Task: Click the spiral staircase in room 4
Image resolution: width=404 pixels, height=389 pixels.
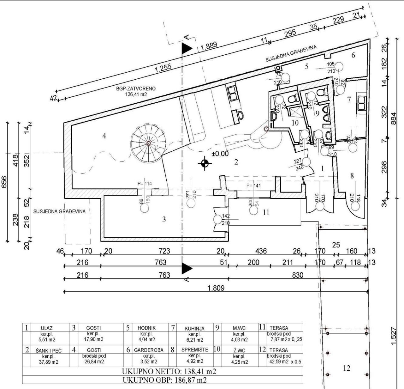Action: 148,143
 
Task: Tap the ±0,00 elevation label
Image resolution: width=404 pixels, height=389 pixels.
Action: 220,154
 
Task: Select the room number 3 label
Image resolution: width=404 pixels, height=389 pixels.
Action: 164,219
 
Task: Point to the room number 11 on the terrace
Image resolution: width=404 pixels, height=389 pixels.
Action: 266,212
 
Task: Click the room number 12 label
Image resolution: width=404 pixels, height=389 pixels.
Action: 347,368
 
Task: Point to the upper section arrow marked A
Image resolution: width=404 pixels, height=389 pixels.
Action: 187,47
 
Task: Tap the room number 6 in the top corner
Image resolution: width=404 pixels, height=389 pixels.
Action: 353,55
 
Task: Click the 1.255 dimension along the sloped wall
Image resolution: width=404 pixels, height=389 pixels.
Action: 163,69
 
